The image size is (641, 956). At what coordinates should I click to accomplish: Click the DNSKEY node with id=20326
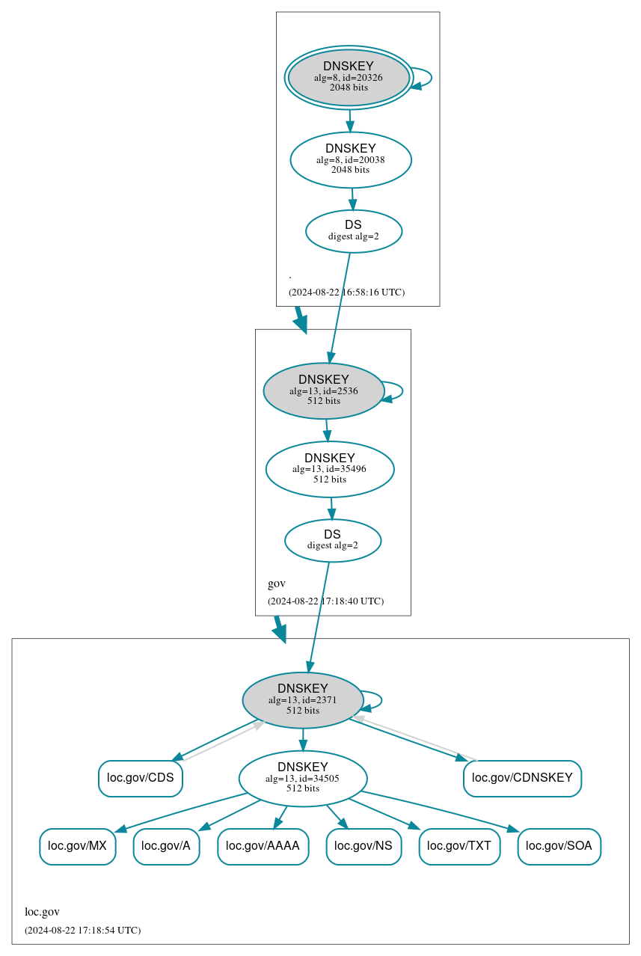[x=349, y=77]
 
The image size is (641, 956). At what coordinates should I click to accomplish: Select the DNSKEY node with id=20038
[x=351, y=159]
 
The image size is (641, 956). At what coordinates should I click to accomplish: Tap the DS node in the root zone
[x=354, y=231]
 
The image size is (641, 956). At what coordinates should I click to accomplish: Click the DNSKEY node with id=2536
[x=324, y=390]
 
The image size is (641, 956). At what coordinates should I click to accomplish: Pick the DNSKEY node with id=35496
[x=330, y=469]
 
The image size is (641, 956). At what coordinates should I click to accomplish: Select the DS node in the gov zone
[x=333, y=540]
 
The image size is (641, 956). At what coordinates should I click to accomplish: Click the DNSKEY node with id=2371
[x=303, y=699]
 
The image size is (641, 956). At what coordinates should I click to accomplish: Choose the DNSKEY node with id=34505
[x=303, y=778]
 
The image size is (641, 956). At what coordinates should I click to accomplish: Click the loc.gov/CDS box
[x=141, y=778]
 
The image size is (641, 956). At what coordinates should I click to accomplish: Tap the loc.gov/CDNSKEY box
[x=522, y=778]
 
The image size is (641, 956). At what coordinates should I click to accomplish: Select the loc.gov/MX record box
[x=78, y=846]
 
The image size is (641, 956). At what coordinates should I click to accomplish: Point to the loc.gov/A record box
[x=166, y=846]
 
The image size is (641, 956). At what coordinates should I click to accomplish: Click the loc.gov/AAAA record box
[x=263, y=846]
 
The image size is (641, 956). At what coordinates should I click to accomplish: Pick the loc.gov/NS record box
[x=364, y=846]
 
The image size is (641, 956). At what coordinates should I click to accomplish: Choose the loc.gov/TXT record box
[x=459, y=846]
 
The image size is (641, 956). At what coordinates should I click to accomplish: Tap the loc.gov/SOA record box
[x=559, y=846]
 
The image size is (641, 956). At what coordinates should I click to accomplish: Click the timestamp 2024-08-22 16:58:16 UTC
[x=346, y=292]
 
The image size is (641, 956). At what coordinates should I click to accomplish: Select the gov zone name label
[x=276, y=583]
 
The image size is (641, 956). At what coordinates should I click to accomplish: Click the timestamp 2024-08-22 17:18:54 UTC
[x=82, y=931]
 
